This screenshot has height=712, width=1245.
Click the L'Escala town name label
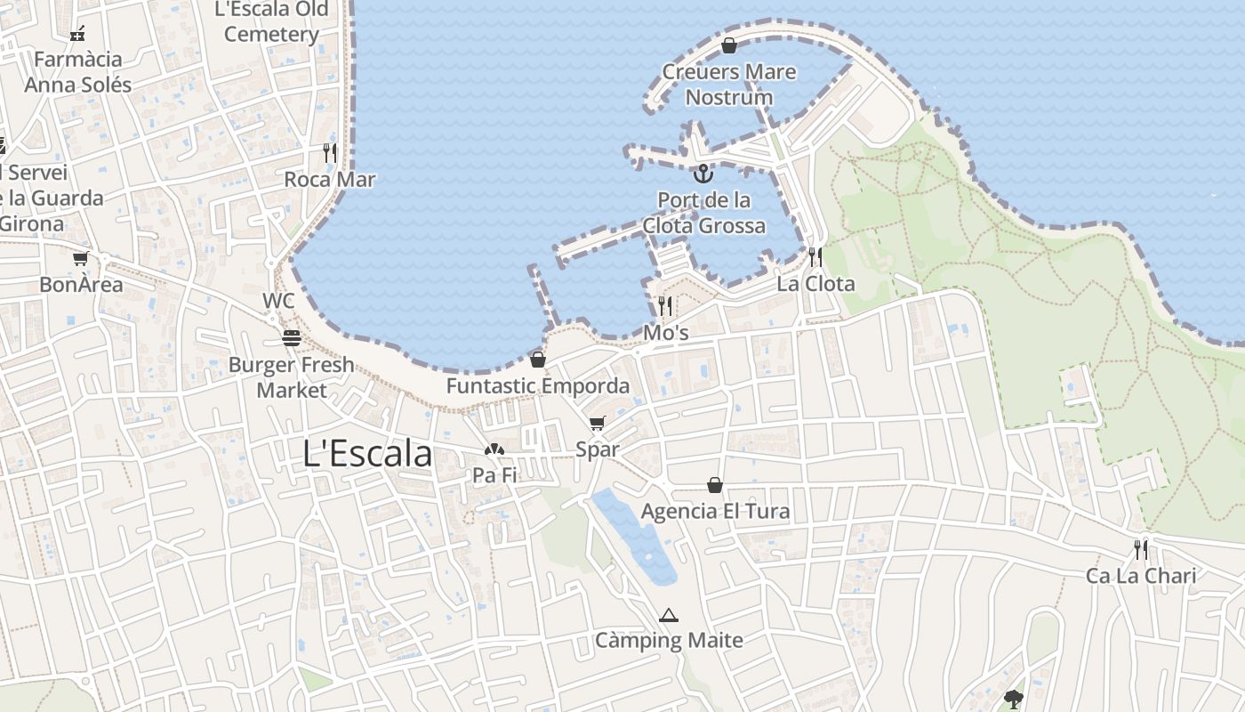[x=367, y=454]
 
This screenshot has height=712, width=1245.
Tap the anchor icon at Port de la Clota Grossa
[x=703, y=173]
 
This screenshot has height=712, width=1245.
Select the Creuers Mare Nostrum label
[x=729, y=84]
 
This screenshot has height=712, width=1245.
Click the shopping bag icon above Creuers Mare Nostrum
[x=729, y=44]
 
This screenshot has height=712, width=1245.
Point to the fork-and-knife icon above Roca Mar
[x=330, y=152]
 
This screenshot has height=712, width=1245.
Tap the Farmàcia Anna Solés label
[x=78, y=72]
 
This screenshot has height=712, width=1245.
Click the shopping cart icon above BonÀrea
[x=81, y=258]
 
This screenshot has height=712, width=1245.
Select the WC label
[x=278, y=301]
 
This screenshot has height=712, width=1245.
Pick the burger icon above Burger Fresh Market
[x=291, y=338]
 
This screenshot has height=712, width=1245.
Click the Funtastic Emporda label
[x=538, y=386]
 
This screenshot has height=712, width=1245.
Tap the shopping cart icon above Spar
[x=597, y=424]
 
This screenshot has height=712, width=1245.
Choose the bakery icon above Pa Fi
[x=494, y=449]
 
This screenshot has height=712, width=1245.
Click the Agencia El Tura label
[x=715, y=512]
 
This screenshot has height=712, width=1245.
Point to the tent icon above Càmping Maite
[x=669, y=615]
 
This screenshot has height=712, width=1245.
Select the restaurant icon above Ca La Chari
[x=1141, y=549]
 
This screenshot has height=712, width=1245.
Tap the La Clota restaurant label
[x=815, y=284]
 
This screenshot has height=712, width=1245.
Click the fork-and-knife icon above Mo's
[x=665, y=306]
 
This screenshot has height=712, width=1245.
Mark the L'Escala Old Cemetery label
[x=272, y=22]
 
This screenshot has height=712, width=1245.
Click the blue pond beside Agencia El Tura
[x=635, y=535]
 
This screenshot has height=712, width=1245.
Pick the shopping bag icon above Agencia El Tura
[x=715, y=485]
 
